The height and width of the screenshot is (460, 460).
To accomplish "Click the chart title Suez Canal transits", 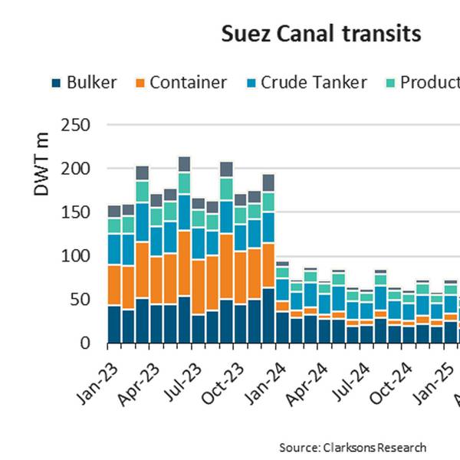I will [320, 34].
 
